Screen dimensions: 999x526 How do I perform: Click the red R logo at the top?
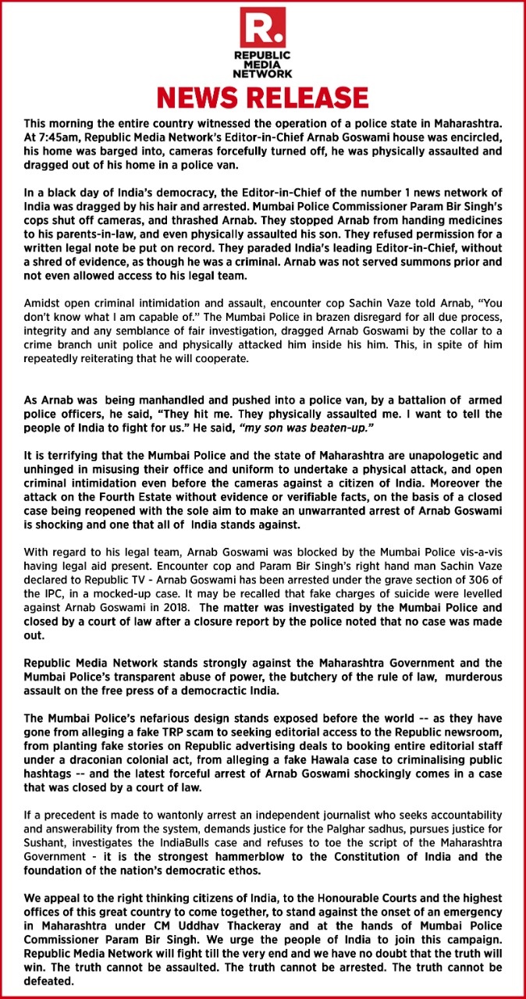(x=263, y=28)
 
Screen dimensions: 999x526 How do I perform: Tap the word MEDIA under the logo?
(x=263, y=65)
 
